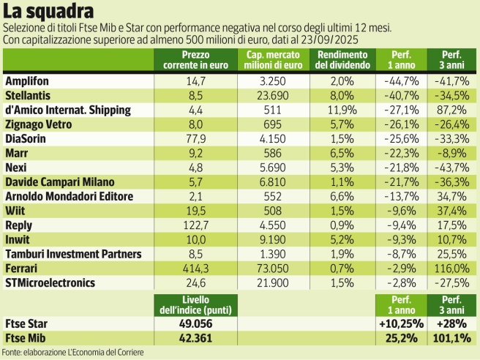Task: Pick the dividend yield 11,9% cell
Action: coord(342,110)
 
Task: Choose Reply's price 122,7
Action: coord(194,226)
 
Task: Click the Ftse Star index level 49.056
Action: coord(194,323)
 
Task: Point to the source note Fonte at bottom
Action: coord(72,353)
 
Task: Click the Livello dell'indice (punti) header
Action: coord(194,303)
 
